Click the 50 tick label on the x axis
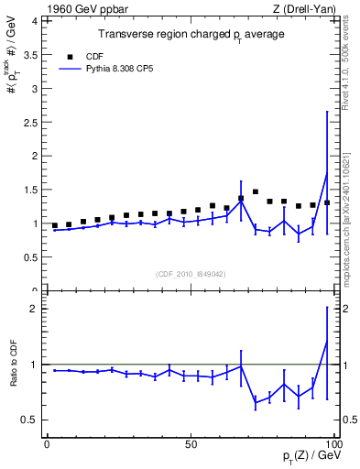[x=191, y=442]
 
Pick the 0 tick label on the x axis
[x=48, y=442]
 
